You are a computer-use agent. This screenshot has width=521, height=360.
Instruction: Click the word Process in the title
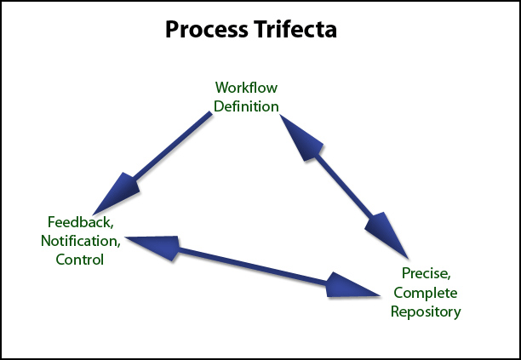[206, 29]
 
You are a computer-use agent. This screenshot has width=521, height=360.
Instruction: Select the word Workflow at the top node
[246, 88]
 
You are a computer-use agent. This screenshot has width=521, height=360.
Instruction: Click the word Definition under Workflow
[246, 106]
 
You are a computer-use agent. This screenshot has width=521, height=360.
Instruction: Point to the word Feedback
[81, 222]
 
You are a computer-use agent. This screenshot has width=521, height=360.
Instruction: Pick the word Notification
[81, 241]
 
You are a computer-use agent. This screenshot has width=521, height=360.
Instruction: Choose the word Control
[80, 260]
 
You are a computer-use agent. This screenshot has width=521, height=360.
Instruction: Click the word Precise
[427, 273]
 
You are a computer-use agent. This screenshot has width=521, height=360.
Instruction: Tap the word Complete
[426, 293]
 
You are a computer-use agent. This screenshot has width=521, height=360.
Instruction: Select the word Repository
[426, 311]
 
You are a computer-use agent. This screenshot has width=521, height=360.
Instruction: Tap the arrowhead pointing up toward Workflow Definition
[300, 137]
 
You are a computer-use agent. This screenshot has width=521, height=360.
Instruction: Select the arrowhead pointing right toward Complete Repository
[352, 286]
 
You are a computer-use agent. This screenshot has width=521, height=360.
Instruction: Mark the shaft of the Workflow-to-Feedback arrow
[173, 146]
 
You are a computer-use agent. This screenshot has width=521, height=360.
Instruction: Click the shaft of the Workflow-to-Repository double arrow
[344, 186]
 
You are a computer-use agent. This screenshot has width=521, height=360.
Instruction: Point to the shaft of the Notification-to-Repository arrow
[253, 266]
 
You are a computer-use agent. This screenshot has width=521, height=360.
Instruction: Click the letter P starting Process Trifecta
[172, 29]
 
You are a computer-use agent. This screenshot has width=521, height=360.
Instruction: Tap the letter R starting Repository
[395, 311]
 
